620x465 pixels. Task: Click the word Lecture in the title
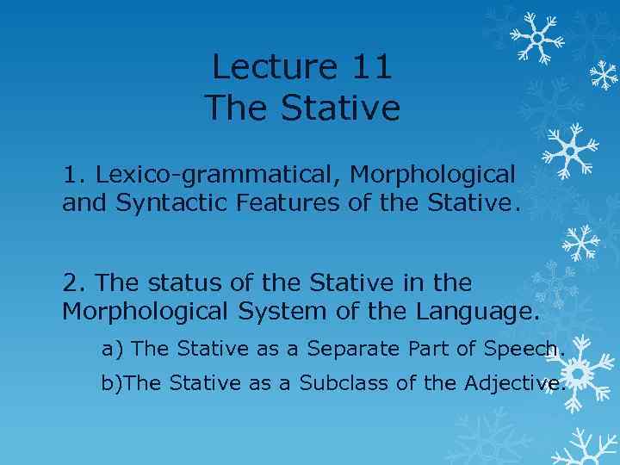pyautogui.click(x=263, y=66)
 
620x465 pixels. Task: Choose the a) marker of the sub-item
pyautogui.click(x=112, y=349)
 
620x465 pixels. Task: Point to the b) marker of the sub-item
pyautogui.click(x=112, y=384)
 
